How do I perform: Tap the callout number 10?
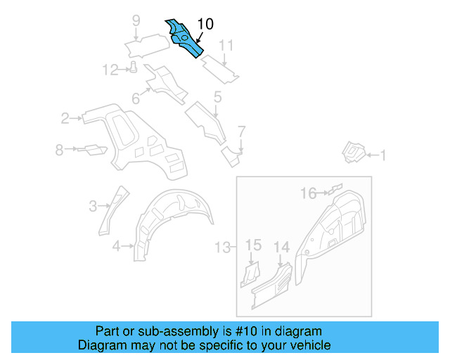coord(205,24)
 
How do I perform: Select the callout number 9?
coord(136,20)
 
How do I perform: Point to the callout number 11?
coord(225,46)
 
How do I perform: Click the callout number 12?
coord(110,69)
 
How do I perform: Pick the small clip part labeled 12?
coord(132,67)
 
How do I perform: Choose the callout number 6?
coord(136,99)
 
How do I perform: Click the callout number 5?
coord(217,97)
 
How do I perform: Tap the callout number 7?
coord(241,131)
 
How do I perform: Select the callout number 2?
coord(65,118)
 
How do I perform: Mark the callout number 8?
coord(60,149)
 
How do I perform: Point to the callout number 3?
coord(93,205)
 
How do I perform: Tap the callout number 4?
coord(116,245)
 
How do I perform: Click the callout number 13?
coord(222,247)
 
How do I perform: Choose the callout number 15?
coord(253,245)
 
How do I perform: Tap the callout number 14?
coord(281,246)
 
